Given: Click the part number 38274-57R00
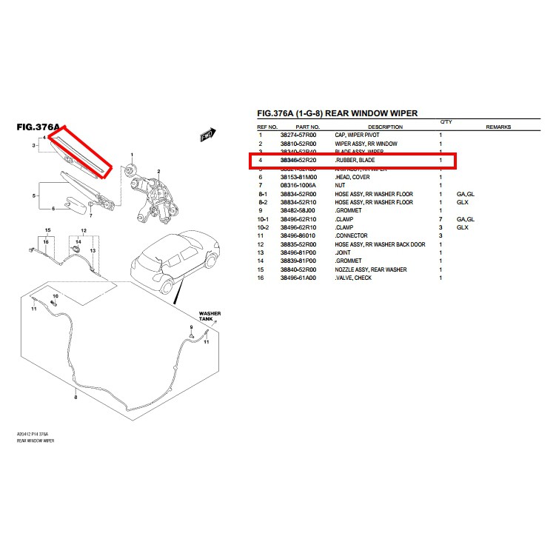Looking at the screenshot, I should (298, 135).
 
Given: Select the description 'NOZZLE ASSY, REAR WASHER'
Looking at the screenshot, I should (370, 269).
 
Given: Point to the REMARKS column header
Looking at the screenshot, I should (498, 127).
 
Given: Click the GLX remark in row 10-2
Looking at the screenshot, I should (463, 227).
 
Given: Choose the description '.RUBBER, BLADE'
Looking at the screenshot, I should (355, 161).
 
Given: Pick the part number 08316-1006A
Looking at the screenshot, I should (298, 186).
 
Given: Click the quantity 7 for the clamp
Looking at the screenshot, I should (441, 219).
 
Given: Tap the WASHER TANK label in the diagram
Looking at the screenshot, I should (210, 316).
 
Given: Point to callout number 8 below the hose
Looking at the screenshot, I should (75, 398).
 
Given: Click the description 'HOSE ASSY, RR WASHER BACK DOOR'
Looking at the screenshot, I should (380, 244).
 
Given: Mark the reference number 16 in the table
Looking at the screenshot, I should (261, 278).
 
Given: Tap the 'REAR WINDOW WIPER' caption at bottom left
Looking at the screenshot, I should (35, 441).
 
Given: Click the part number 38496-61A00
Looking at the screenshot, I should (298, 278).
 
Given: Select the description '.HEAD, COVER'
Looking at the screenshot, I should (353, 177).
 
